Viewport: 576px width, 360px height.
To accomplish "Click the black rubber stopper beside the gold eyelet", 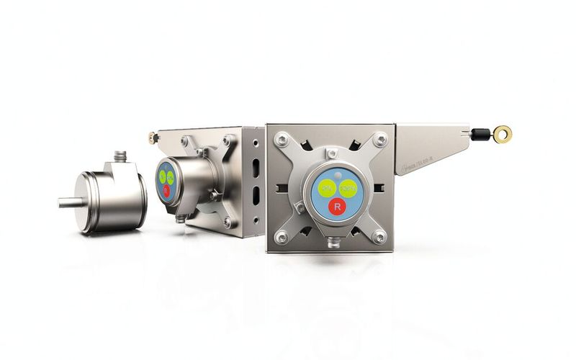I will tap(477, 132).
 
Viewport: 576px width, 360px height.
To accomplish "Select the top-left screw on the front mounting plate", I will tap(283, 138).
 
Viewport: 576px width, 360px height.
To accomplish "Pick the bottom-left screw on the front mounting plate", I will tap(282, 236).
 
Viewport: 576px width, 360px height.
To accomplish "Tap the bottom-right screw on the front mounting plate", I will tap(379, 235).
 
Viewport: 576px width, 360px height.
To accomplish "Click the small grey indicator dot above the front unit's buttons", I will tap(335, 175).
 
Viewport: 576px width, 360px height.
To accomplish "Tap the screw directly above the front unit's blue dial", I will tap(331, 154).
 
